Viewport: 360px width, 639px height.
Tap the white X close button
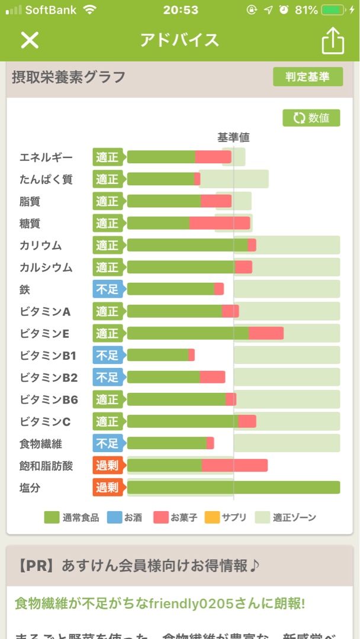tap(30, 40)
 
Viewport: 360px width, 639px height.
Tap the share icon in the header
tap(332, 41)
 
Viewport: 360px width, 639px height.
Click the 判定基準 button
tap(307, 77)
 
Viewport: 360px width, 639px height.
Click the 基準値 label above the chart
tap(233, 137)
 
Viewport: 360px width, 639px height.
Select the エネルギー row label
tap(46, 157)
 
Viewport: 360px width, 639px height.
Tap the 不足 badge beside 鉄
tap(107, 289)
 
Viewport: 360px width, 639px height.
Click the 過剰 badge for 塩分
tap(107, 488)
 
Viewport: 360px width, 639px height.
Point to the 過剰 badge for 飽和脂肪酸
tap(107, 466)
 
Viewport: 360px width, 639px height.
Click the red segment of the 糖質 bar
tap(219, 223)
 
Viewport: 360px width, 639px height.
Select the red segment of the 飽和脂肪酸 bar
tap(234, 466)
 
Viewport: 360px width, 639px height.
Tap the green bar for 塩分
tap(233, 488)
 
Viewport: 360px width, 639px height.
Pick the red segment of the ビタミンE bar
tap(266, 333)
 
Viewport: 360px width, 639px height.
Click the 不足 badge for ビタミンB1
tap(107, 355)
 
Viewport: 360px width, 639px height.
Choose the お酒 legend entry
tap(124, 518)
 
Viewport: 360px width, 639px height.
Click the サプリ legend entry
tap(226, 518)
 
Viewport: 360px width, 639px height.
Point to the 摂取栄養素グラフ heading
tap(69, 78)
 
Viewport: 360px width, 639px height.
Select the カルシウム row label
tap(46, 267)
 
